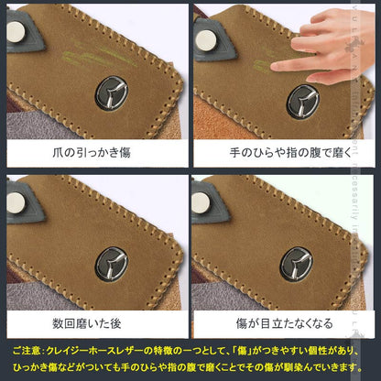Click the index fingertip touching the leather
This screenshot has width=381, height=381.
278,68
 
